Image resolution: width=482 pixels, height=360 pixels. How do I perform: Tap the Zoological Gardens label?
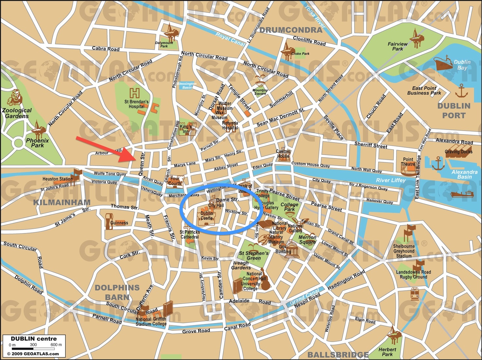coord(17,113)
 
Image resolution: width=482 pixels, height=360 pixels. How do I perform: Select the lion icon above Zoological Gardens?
coord(15,97)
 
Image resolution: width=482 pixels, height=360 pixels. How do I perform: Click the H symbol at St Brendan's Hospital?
coord(135,93)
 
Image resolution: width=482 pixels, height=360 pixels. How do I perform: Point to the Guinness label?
coord(119,223)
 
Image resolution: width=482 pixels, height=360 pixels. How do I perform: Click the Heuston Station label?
coord(57,179)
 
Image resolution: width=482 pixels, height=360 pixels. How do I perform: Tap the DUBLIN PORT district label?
coord(454,111)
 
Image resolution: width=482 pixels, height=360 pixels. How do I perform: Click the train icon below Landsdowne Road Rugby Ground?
coord(415,294)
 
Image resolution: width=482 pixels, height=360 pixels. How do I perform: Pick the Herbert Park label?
coord(387,352)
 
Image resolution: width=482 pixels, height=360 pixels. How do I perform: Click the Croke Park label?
coord(300,54)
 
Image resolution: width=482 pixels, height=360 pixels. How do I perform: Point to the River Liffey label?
coord(390,180)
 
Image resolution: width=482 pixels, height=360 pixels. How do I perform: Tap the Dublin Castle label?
coord(207,216)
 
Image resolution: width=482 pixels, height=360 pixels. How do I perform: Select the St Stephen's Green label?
coord(254,256)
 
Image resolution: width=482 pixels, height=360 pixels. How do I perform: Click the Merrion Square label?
coord(307,240)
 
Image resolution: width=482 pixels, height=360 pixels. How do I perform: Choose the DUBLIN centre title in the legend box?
coord(34,339)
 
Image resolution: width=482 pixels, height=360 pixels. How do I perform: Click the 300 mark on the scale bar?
coord(33,345)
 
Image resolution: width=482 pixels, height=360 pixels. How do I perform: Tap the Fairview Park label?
coord(398,46)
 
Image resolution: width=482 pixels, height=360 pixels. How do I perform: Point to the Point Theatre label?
coord(408,162)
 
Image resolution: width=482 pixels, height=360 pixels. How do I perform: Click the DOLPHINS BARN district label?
coord(117,292)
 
